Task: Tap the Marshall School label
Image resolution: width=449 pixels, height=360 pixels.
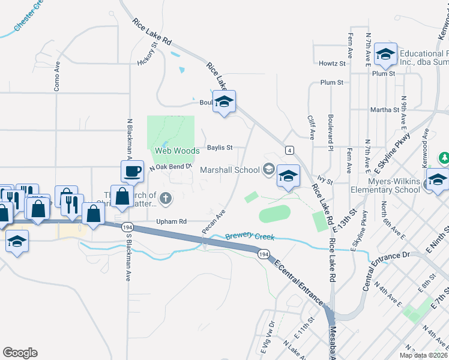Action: point(230,170)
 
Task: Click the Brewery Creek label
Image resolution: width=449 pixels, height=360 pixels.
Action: point(250,237)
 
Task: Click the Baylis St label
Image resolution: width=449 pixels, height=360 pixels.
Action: point(219,147)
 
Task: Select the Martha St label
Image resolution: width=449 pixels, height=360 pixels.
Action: point(385,110)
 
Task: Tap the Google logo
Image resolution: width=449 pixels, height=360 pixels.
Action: point(20,353)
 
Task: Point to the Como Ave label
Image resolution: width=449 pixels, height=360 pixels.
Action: point(58,75)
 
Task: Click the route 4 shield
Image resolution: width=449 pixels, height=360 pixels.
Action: point(290,149)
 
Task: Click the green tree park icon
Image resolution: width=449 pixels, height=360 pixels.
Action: point(444,158)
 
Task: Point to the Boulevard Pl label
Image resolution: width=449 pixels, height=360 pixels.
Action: point(330,128)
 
